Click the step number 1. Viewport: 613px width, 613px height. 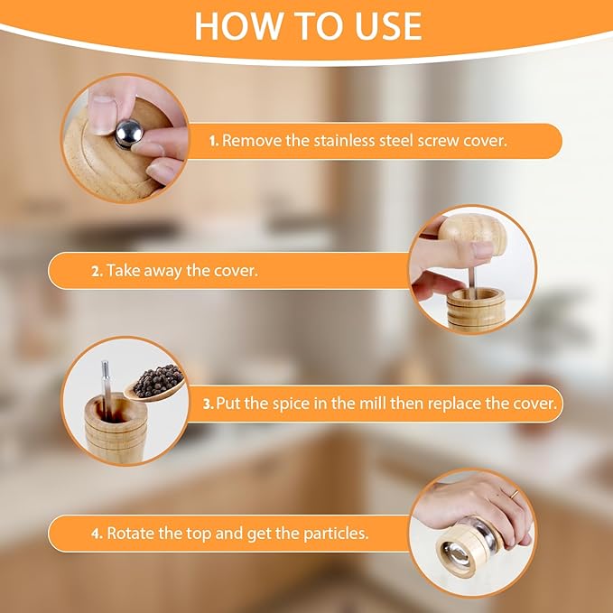click(214, 141)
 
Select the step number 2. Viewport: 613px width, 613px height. click(97, 271)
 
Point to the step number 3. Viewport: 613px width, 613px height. click(209, 404)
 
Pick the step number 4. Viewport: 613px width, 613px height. click(97, 534)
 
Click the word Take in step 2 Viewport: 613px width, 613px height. click(124, 271)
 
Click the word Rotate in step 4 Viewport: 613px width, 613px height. click(131, 534)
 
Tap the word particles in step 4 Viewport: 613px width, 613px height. click(338, 534)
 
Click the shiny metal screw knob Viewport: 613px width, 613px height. click(128, 134)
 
